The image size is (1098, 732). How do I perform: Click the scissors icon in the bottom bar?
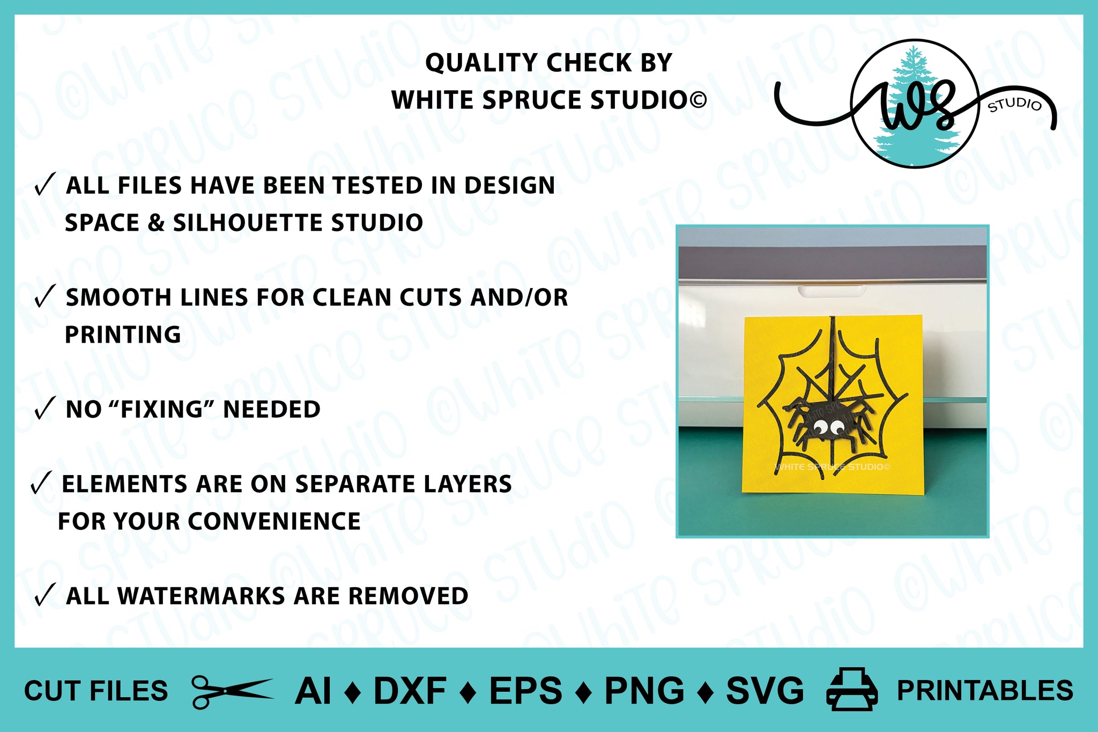pyautogui.click(x=233, y=692)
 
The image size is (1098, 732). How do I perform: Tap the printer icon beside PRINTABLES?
pyautogui.click(x=852, y=690)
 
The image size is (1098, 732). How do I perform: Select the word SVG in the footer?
pyautogui.click(x=765, y=691)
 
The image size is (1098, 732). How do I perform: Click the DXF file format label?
pyautogui.click(x=410, y=691)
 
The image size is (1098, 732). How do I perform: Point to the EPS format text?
pyautogui.click(x=526, y=691)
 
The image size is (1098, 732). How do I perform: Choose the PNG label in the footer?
pyautogui.click(x=644, y=691)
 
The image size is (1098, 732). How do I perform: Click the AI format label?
pyautogui.click(x=314, y=691)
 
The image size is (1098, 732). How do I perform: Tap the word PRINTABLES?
pyautogui.click(x=985, y=691)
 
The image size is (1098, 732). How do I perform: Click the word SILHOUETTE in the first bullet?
pyautogui.click(x=246, y=223)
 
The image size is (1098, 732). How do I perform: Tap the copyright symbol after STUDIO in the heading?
pyautogui.click(x=698, y=99)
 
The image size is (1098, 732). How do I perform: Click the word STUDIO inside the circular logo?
pyautogui.click(x=1015, y=105)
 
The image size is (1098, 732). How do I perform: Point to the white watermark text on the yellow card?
pyautogui.click(x=833, y=467)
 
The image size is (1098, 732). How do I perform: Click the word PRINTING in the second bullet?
pyautogui.click(x=123, y=335)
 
